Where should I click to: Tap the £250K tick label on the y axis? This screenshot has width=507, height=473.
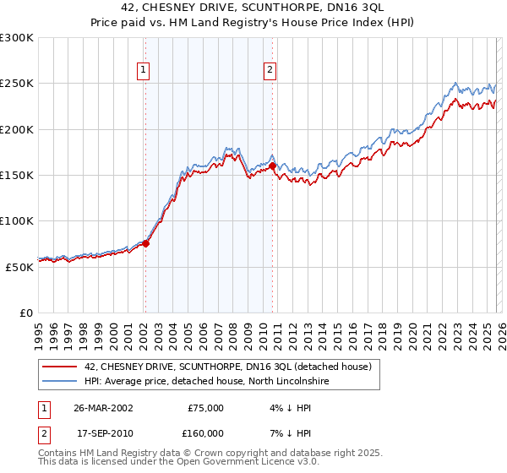(x=17, y=84)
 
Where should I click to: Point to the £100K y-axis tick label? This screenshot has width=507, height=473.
(x=17, y=220)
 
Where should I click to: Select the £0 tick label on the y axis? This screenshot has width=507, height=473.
(x=25, y=313)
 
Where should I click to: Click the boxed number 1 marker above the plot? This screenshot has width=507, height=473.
(x=144, y=71)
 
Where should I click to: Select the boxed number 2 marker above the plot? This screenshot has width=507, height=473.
(x=270, y=71)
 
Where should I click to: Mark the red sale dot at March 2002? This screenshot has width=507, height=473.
(x=145, y=243)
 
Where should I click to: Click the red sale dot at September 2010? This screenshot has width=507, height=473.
(x=272, y=166)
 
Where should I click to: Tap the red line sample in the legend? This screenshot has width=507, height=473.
(x=60, y=367)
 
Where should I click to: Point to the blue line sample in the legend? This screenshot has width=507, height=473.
(x=60, y=381)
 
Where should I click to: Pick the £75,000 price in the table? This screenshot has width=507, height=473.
(x=204, y=407)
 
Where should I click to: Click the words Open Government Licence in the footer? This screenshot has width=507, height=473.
(x=242, y=464)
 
